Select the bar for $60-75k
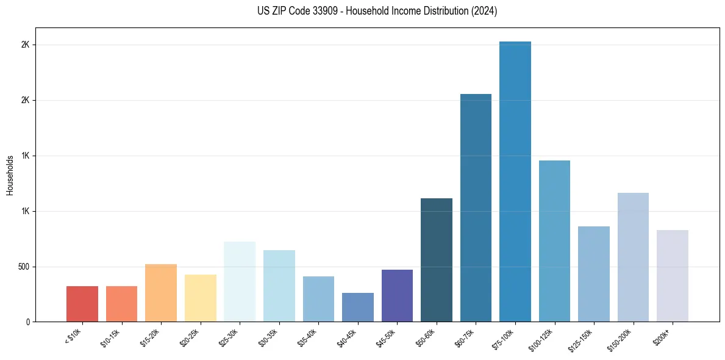point(476,208)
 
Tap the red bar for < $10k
point(82,304)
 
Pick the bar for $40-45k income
point(357,308)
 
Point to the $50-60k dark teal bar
point(437,260)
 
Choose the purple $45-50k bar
point(397,296)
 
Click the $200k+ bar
point(672,276)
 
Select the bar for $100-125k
point(554,241)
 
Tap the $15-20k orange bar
point(161,293)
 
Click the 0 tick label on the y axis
point(28,322)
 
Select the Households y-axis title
point(10,175)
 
